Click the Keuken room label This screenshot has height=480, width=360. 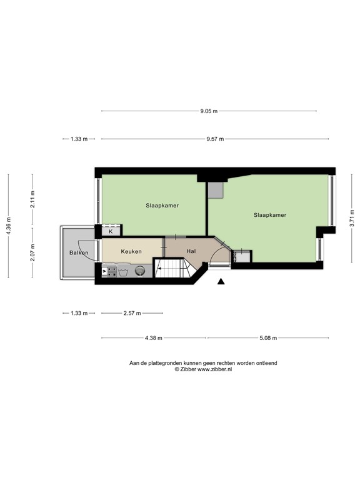(131, 251)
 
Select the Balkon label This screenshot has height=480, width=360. (79, 252)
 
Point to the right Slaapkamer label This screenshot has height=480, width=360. (270, 215)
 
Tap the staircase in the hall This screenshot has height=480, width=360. (171, 269)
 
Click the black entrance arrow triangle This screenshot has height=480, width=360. (221, 282)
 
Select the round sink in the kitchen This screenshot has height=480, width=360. (141, 271)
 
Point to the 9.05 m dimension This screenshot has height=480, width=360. (209, 111)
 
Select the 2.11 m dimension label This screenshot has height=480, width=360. (33, 199)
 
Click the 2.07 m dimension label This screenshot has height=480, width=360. (33, 254)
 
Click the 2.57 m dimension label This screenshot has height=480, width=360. (132, 313)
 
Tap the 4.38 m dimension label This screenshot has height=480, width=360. (153, 338)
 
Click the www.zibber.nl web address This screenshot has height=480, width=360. (214, 369)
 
